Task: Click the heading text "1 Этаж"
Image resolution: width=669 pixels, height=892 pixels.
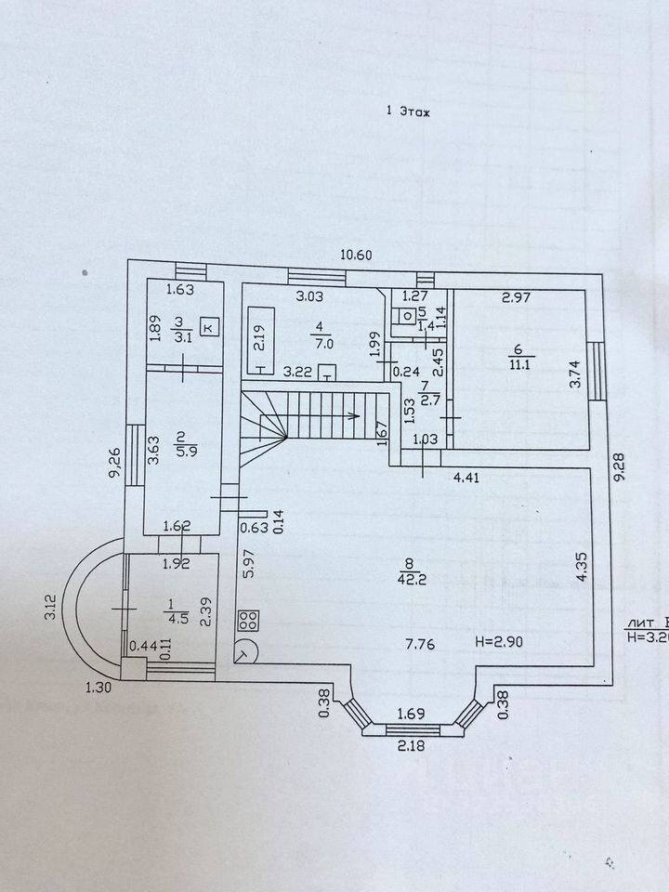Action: coord(410,111)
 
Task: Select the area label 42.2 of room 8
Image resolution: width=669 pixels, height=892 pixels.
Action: coord(406,577)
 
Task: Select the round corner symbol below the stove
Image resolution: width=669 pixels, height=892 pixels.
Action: coord(247,651)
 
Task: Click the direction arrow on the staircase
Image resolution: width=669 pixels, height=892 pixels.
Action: coord(353,415)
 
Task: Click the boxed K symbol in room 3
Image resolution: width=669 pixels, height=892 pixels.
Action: coord(207,327)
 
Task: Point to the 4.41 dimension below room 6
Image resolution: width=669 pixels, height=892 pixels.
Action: coord(467,479)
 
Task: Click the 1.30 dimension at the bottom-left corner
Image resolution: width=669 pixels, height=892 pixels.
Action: coord(97,688)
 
